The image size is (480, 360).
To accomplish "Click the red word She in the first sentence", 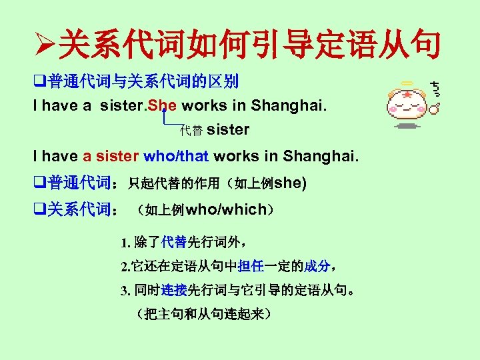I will [x=163, y=105].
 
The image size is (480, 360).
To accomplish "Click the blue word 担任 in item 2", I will [x=250, y=267].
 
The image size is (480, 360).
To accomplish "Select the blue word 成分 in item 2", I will [x=317, y=267].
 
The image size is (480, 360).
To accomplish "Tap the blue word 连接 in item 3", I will [x=173, y=291].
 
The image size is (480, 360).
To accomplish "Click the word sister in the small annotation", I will [x=228, y=129].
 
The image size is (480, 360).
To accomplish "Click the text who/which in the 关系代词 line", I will [x=225, y=210].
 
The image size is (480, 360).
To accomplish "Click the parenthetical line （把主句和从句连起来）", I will [x=201, y=313].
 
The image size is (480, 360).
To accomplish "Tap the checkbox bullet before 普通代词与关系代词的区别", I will [x=39, y=83].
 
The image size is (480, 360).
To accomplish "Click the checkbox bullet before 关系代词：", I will [x=39, y=210].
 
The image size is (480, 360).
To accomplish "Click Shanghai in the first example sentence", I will [x=295, y=105].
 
